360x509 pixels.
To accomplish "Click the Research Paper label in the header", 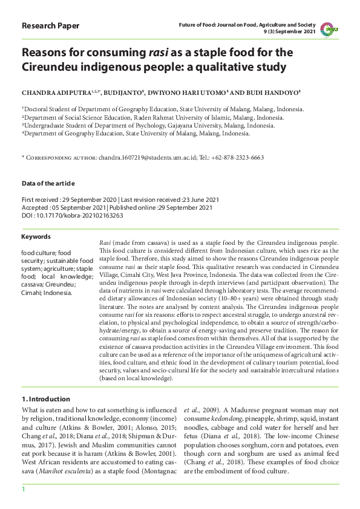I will (50, 26).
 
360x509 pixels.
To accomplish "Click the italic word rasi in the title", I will (159, 53).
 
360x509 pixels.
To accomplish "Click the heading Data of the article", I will (48, 183).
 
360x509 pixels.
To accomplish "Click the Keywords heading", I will (36, 236).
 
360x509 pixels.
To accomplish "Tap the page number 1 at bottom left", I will (24, 488).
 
